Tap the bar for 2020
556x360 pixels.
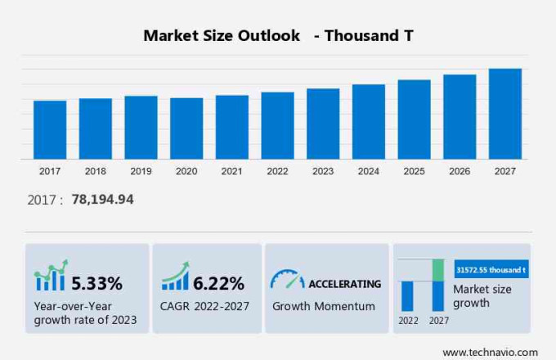coord(186,128)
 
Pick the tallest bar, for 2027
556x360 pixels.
coord(504,114)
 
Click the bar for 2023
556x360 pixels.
coord(323,124)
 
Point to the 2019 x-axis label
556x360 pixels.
coord(141,171)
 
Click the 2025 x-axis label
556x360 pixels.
coord(414,171)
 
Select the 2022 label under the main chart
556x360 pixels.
coord(277,171)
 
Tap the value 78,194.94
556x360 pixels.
coord(102,200)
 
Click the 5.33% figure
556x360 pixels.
coord(96,284)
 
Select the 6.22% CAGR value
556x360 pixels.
coord(218,284)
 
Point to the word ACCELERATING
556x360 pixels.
coord(344,284)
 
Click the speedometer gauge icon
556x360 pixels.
coord(287,279)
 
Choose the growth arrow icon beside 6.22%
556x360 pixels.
coord(175,277)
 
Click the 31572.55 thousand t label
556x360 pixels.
coord(491,268)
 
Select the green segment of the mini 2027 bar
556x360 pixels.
coord(438,270)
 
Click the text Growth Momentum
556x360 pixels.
coord(324,306)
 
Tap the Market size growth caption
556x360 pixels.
coord(482,296)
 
